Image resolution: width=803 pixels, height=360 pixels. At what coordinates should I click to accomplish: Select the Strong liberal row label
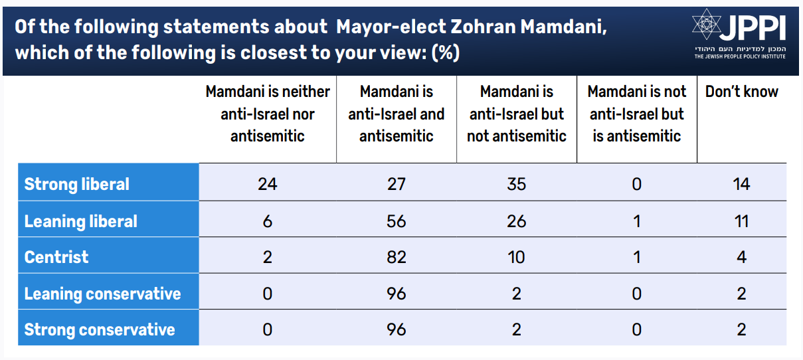pos(77,184)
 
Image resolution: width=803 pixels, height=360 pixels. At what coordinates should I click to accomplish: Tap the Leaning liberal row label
pos(81,221)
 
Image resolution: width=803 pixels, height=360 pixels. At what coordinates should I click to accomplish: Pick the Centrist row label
pos(56,257)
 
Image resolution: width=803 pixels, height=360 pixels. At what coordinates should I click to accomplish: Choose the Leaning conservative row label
pos(102,294)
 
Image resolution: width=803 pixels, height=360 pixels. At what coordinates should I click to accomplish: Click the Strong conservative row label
pos(100,329)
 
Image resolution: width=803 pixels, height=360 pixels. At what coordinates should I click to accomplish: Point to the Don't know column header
pos(741,92)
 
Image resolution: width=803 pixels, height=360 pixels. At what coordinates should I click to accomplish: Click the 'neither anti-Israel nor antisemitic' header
pos(267,114)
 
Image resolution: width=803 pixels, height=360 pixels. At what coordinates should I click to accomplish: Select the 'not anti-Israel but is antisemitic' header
pos(636,114)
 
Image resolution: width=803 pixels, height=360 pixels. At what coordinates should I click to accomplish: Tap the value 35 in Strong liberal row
pos(516,184)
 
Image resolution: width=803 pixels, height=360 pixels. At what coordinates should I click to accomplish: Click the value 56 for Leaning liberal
pos(396,221)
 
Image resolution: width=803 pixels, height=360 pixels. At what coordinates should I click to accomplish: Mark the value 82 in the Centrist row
pos(396,257)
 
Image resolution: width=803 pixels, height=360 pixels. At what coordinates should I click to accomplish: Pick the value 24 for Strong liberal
pos(267,184)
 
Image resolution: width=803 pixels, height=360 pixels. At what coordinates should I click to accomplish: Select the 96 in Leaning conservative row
pos(396,294)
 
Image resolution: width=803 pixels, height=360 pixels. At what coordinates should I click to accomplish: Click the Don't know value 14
pos(741,184)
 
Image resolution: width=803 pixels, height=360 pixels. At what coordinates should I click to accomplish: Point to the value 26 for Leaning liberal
pos(516,221)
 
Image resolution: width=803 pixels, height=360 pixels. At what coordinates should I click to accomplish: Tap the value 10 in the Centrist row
pos(516,257)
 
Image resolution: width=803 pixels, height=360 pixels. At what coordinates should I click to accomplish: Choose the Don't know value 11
pos(741,221)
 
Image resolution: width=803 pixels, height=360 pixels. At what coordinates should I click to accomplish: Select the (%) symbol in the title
pos(446,52)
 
